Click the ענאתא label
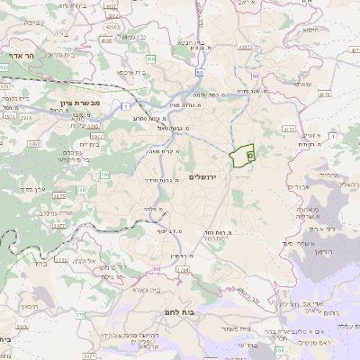click(x=301, y=84)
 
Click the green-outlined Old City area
click(x=242, y=157)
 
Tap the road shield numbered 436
click(x=151, y=58)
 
